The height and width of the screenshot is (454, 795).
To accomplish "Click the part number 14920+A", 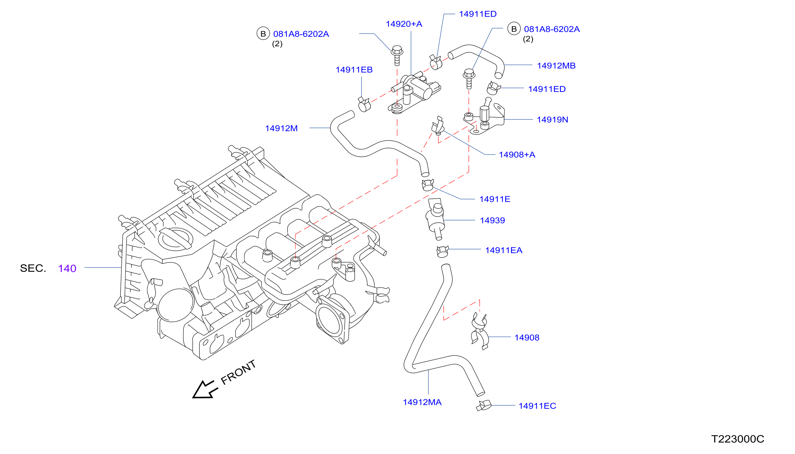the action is (404, 24).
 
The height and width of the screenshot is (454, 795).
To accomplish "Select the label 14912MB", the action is (556, 66).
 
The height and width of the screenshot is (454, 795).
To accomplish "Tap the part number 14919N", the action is (552, 120).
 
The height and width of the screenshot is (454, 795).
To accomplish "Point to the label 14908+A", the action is (517, 155).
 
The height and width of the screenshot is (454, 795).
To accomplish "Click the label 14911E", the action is (494, 199).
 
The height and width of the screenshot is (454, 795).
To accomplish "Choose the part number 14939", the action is (492, 221).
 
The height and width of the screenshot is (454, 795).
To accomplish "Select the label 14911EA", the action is (504, 250).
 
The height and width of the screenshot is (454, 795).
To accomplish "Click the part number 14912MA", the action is (422, 402).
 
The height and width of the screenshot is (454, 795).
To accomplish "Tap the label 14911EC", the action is (537, 406).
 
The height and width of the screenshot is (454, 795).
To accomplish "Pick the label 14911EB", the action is (354, 70).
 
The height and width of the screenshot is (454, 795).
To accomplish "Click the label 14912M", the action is (281, 128).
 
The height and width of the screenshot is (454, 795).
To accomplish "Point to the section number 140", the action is (67, 269).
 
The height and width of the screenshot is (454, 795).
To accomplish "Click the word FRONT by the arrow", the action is (238, 372).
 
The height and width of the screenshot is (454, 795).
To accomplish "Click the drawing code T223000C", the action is (737, 439).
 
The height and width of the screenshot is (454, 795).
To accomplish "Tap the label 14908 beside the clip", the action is (526, 338).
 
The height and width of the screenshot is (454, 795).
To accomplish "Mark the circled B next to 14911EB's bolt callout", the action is (263, 33).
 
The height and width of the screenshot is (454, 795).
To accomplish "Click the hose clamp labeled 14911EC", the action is (483, 406).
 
